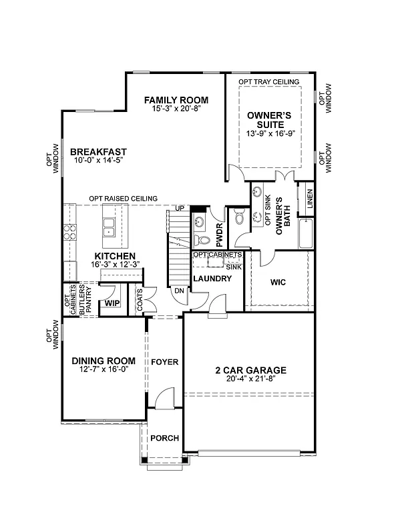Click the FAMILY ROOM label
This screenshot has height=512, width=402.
tap(172, 100)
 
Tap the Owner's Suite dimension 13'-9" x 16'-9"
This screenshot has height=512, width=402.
tap(270, 133)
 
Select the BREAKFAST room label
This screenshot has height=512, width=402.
tap(98, 152)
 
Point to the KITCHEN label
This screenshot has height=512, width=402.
tap(115, 256)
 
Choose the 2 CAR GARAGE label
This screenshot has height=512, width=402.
tap(250, 371)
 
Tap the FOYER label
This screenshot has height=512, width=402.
tap(164, 362)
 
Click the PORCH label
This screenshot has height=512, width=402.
tap(163, 438)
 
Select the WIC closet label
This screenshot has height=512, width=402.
tap(278, 283)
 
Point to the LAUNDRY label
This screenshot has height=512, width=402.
tap(212, 278)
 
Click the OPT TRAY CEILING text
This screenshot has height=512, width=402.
tap(269, 81)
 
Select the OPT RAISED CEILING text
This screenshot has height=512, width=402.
tap(124, 199)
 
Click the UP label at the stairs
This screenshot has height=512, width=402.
tap(179, 209)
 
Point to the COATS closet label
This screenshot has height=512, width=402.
tap(140, 295)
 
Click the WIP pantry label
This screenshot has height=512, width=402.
tap(112, 303)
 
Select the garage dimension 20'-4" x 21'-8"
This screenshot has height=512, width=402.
tap(250, 379)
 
